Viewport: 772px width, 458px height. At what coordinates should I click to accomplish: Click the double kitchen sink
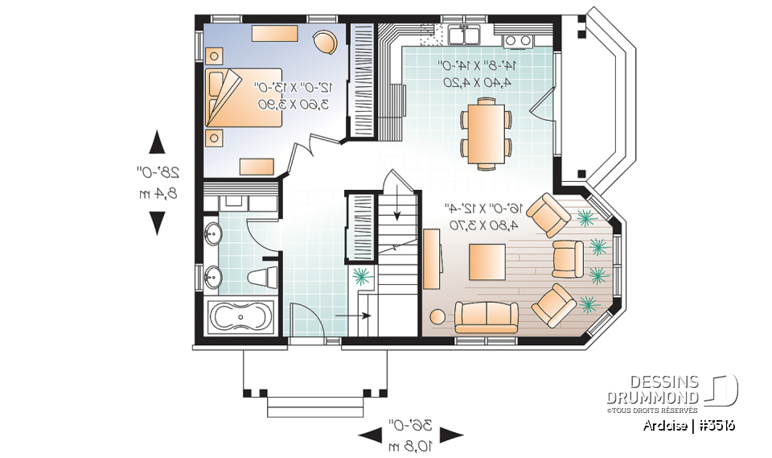click(464, 35)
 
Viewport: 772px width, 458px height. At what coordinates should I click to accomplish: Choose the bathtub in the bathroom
click(241, 317)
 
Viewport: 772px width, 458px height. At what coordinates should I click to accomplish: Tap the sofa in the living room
click(486, 316)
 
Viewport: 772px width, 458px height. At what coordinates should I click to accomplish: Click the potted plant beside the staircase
click(363, 276)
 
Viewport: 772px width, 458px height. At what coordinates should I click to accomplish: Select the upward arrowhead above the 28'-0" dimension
click(158, 143)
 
